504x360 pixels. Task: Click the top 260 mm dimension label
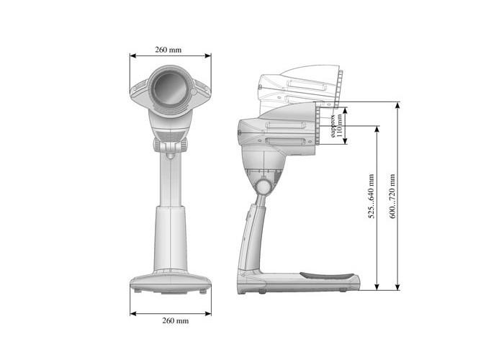click(x=168, y=50)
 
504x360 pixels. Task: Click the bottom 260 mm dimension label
click(x=176, y=320)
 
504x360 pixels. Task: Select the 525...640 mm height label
click(x=372, y=196)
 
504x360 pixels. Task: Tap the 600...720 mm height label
click(x=392, y=196)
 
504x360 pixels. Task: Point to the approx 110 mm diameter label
click(x=336, y=126)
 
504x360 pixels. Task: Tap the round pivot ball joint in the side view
click(x=264, y=186)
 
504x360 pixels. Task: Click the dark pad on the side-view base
click(x=327, y=276)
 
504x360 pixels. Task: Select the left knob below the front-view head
click(x=156, y=145)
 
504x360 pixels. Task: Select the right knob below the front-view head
click(x=184, y=145)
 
